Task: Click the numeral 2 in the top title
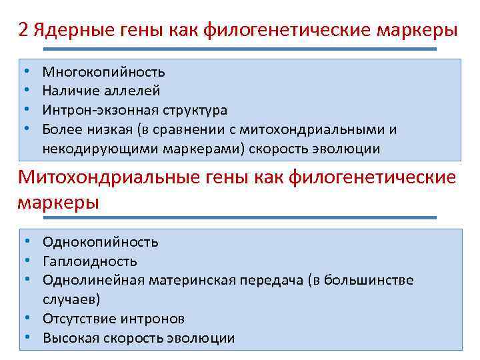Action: (23, 31)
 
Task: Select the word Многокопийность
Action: (103, 71)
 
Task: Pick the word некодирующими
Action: (91, 149)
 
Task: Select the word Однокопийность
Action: (100, 241)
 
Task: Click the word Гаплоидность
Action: (90, 261)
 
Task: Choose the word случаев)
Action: (71, 299)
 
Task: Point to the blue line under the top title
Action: (240, 49)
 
